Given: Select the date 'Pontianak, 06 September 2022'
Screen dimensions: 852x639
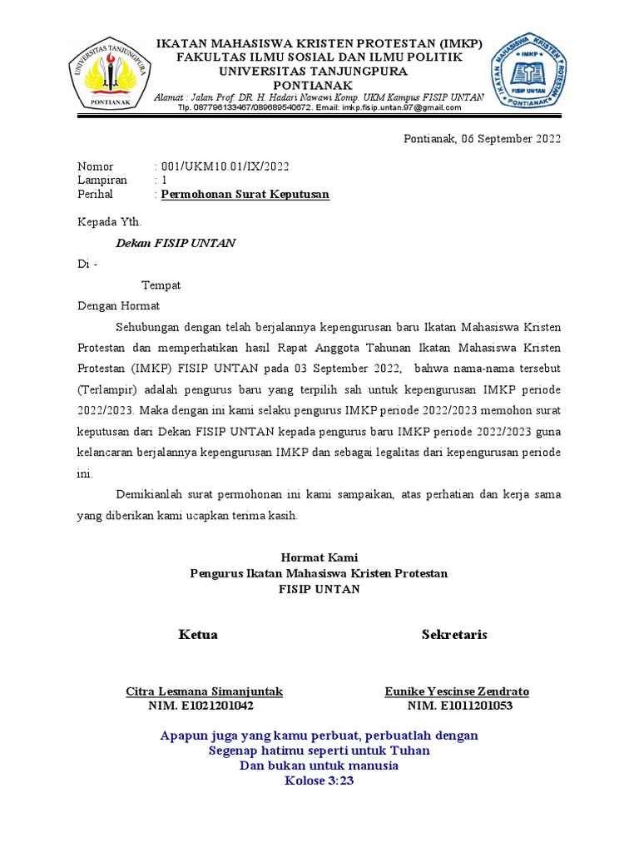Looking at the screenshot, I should (x=482, y=139).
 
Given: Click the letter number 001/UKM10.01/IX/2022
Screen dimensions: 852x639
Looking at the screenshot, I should (x=225, y=166).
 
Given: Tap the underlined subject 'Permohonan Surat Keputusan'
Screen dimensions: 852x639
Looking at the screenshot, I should (x=245, y=195).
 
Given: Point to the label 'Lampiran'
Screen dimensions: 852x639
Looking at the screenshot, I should (x=102, y=181).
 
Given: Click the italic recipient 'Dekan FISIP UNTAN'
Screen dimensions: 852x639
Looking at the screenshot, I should (x=175, y=243).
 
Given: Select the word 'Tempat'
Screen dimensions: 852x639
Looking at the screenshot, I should (x=161, y=285).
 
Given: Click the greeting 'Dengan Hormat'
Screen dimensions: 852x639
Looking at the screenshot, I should (x=118, y=306).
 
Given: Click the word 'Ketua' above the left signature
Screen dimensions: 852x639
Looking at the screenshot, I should (x=198, y=635).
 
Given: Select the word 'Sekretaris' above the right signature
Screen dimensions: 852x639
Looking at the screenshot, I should (x=454, y=635).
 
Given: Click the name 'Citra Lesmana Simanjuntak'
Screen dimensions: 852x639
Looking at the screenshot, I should (x=204, y=691).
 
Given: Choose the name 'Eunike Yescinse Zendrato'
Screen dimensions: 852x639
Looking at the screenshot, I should (x=457, y=691).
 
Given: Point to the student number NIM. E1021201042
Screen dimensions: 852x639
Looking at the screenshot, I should (x=201, y=706).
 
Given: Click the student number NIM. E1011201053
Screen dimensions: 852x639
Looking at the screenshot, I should (x=459, y=706).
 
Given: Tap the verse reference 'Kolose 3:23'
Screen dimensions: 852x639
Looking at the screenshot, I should (x=319, y=780).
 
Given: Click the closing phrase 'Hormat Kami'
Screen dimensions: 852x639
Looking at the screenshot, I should (x=319, y=557).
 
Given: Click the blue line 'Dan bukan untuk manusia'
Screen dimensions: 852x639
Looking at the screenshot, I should (x=319, y=765).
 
